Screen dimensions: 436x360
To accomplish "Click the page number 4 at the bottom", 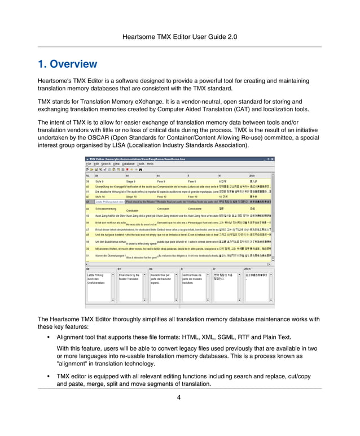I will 179,397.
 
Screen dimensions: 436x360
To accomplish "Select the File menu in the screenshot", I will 88,164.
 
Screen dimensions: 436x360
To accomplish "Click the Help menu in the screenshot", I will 150,164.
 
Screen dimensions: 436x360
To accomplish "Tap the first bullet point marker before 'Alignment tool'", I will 50,337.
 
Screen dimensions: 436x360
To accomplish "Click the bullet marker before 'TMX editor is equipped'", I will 50,376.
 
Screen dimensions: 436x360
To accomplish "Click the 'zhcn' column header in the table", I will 252,175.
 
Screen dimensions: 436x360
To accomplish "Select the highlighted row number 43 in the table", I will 88,201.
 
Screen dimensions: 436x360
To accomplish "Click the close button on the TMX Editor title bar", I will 273,159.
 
